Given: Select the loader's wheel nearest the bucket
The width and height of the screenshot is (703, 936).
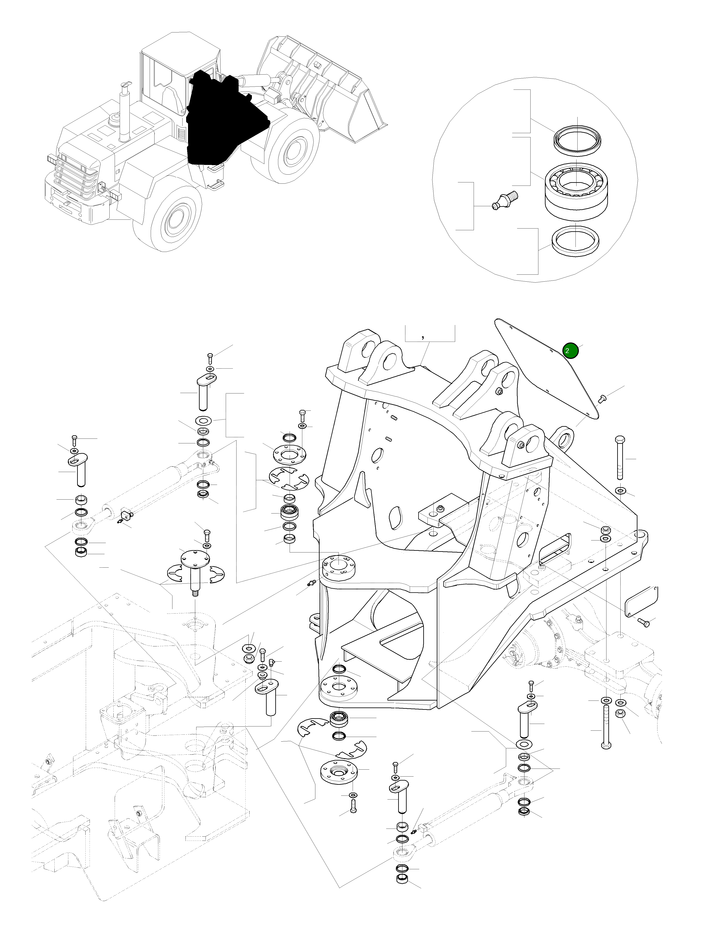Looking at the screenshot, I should (x=292, y=150).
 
